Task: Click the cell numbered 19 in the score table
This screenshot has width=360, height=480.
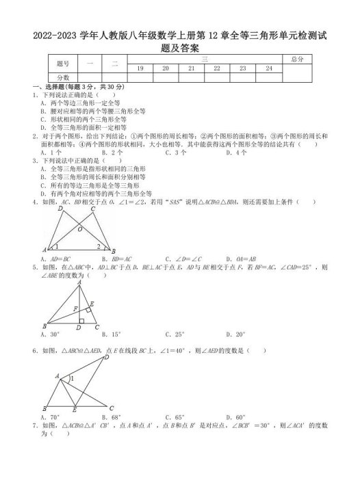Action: pyautogui.click(x=140, y=68)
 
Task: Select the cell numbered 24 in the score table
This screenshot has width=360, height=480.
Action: pyautogui.click(x=269, y=68)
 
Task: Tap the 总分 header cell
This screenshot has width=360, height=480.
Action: pyautogui.click(x=296, y=60)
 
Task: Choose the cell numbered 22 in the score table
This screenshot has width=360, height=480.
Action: pyautogui.click(x=217, y=68)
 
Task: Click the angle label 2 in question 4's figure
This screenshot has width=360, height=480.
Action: pyautogui.click(x=99, y=247)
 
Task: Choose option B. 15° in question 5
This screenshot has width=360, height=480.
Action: pyautogui.click(x=112, y=334)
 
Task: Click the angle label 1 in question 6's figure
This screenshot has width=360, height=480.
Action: pyautogui.click(x=71, y=378)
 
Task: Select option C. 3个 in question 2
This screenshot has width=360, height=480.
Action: pyautogui.click(x=177, y=153)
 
